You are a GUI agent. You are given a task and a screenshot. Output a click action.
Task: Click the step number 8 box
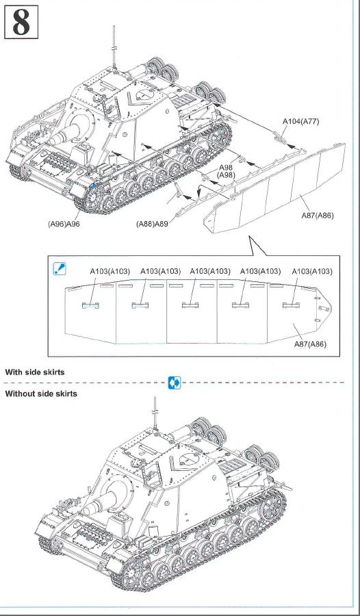click(x=21, y=22)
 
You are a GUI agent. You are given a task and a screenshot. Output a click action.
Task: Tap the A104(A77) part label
click(x=300, y=121)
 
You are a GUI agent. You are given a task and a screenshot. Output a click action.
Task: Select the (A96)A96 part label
click(x=64, y=224)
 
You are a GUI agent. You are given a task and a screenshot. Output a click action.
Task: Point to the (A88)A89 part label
click(x=152, y=224)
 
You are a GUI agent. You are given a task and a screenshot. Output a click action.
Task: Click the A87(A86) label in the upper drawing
click(x=318, y=215)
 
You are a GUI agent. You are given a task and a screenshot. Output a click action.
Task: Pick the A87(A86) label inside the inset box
click(x=310, y=344)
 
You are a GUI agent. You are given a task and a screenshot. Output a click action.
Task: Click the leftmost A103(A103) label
click(x=110, y=271)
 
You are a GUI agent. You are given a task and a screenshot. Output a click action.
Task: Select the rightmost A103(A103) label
click(x=312, y=271)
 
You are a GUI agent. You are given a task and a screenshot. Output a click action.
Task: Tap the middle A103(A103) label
click(x=210, y=271)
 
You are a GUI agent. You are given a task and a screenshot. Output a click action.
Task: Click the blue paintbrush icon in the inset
click(x=60, y=269)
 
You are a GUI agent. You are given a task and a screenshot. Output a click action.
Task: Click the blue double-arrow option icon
click(x=175, y=382)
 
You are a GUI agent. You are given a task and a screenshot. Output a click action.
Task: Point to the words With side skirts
click(x=35, y=372)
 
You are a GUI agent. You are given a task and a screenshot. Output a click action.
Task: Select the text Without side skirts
click(x=41, y=394)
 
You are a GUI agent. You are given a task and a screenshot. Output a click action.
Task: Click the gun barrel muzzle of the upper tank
click(x=55, y=139)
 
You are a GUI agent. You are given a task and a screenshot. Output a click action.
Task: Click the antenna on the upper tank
click(x=114, y=47)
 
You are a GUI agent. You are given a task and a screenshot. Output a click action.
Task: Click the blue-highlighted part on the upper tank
click(x=93, y=185)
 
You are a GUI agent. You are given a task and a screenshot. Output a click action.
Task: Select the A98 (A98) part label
click(x=226, y=171)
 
